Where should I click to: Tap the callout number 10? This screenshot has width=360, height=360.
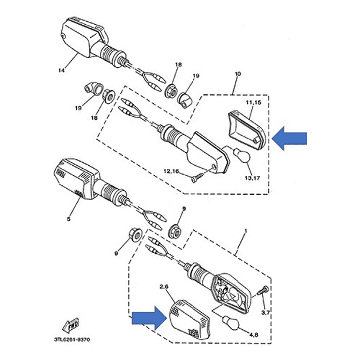click(238, 75)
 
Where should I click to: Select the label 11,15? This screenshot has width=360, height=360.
click(253, 103)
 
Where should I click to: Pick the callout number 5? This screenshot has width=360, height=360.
click(68, 218)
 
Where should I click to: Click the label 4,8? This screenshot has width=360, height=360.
click(253, 335)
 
